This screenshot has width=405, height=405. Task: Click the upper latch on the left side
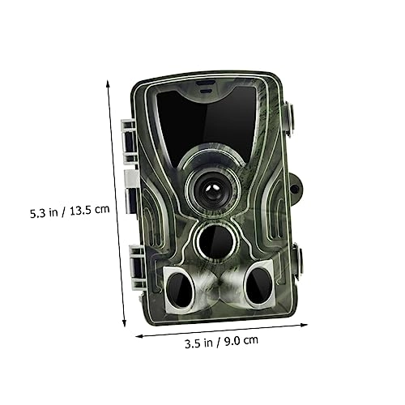127,134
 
